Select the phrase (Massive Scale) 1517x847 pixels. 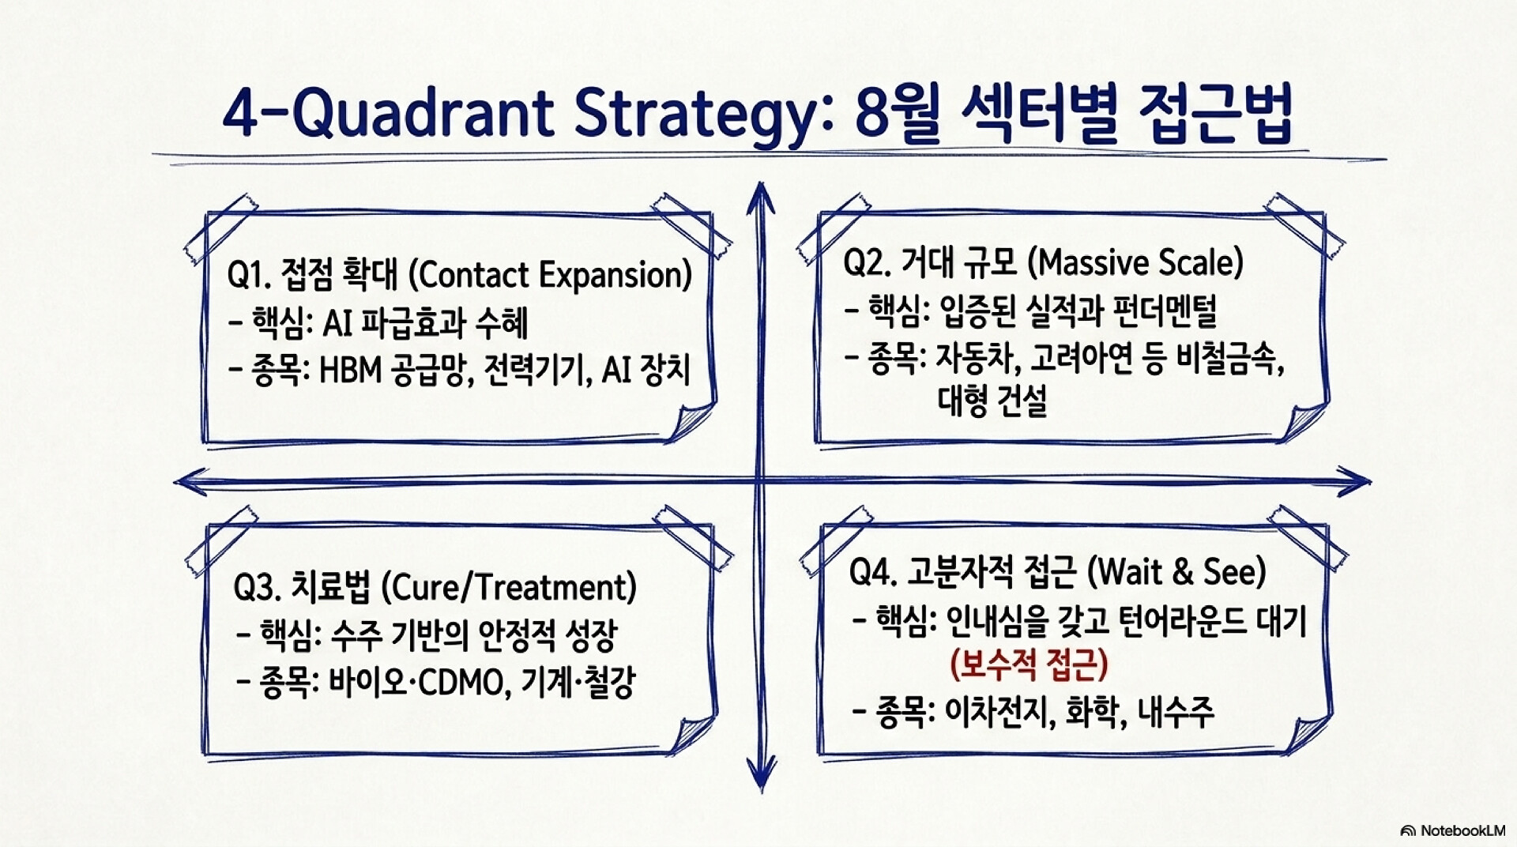pyautogui.click(x=1136, y=263)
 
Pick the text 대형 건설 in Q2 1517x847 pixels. pyautogui.click(x=993, y=401)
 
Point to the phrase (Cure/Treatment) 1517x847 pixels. pyautogui.click(x=509, y=587)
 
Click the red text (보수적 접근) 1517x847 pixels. pyautogui.click(x=1029, y=664)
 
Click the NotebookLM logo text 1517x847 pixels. pyautogui.click(x=1453, y=830)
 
